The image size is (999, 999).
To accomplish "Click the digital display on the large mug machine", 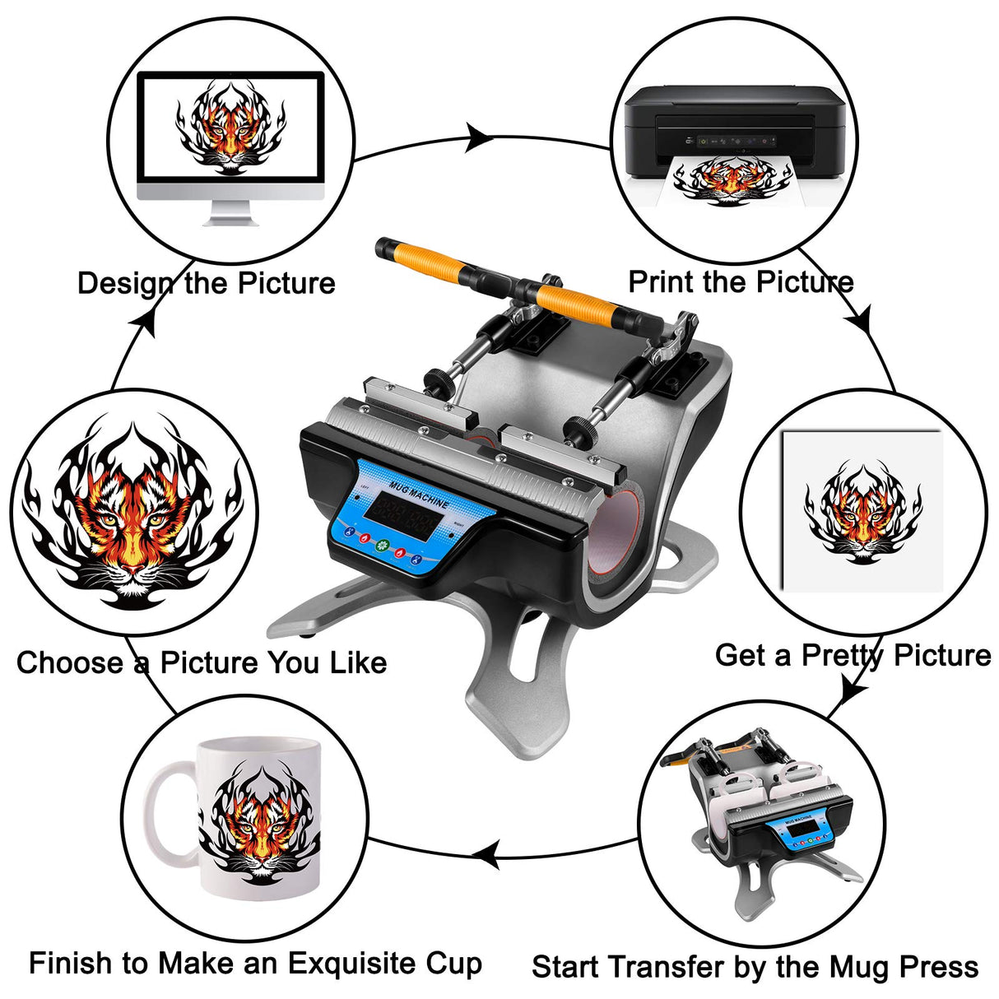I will (x=403, y=520).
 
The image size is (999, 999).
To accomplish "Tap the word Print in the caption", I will (x=662, y=281).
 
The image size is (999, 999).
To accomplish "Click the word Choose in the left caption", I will (x=70, y=662).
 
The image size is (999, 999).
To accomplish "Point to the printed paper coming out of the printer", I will (x=728, y=181).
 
